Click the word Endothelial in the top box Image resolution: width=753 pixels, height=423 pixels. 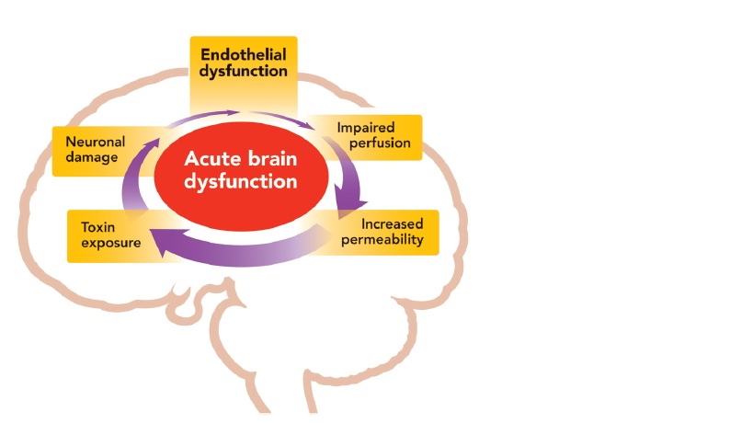[244, 53]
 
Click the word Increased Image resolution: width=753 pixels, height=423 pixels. [392, 224]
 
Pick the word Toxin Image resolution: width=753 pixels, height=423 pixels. [97, 225]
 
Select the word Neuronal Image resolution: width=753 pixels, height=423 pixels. [96, 142]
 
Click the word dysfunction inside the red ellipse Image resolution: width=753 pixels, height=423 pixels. [241, 181]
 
